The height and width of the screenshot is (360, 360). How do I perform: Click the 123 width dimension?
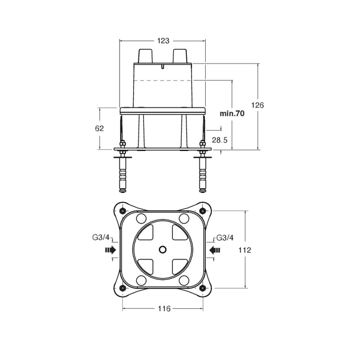[x=163, y=41]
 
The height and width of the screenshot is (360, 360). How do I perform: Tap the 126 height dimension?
[x=257, y=105]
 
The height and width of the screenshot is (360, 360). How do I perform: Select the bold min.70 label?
[x=232, y=113]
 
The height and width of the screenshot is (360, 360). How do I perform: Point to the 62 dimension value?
[x=99, y=129]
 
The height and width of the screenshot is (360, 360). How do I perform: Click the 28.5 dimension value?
[x=220, y=140]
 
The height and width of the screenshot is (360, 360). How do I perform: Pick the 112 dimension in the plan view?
[x=245, y=250]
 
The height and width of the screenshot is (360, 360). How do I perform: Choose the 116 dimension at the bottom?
[x=164, y=309]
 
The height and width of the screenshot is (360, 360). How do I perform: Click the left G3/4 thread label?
[x=101, y=238]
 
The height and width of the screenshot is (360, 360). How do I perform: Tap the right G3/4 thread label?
[x=225, y=238]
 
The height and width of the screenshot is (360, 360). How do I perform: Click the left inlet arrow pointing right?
[x=110, y=250]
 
